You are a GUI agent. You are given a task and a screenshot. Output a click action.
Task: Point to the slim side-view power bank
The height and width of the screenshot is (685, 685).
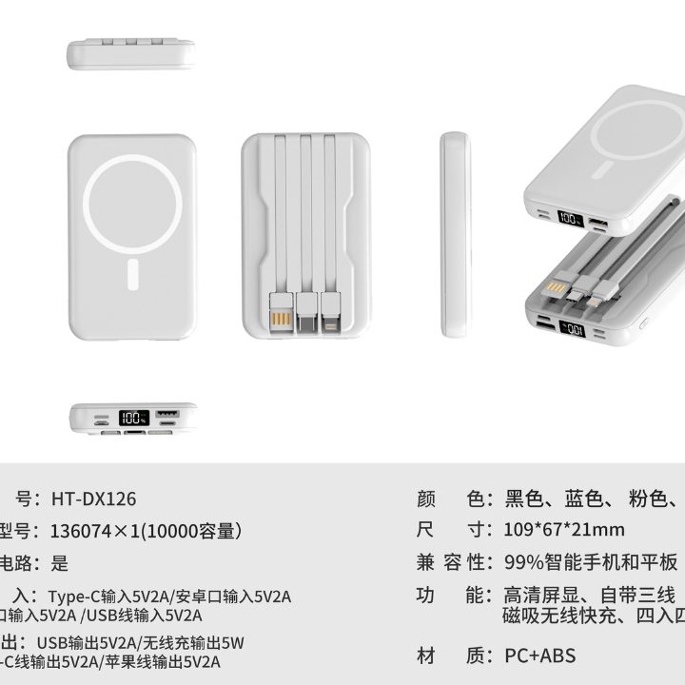click(455, 236)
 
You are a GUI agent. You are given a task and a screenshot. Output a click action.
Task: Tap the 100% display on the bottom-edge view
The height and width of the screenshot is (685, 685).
click(133, 418)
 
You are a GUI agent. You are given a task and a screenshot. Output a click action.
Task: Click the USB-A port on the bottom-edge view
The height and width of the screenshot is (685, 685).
click(165, 416)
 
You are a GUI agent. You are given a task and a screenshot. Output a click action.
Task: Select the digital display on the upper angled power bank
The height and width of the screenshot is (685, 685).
click(571, 219)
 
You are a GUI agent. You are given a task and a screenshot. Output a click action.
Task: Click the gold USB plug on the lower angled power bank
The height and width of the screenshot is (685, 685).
click(558, 284)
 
